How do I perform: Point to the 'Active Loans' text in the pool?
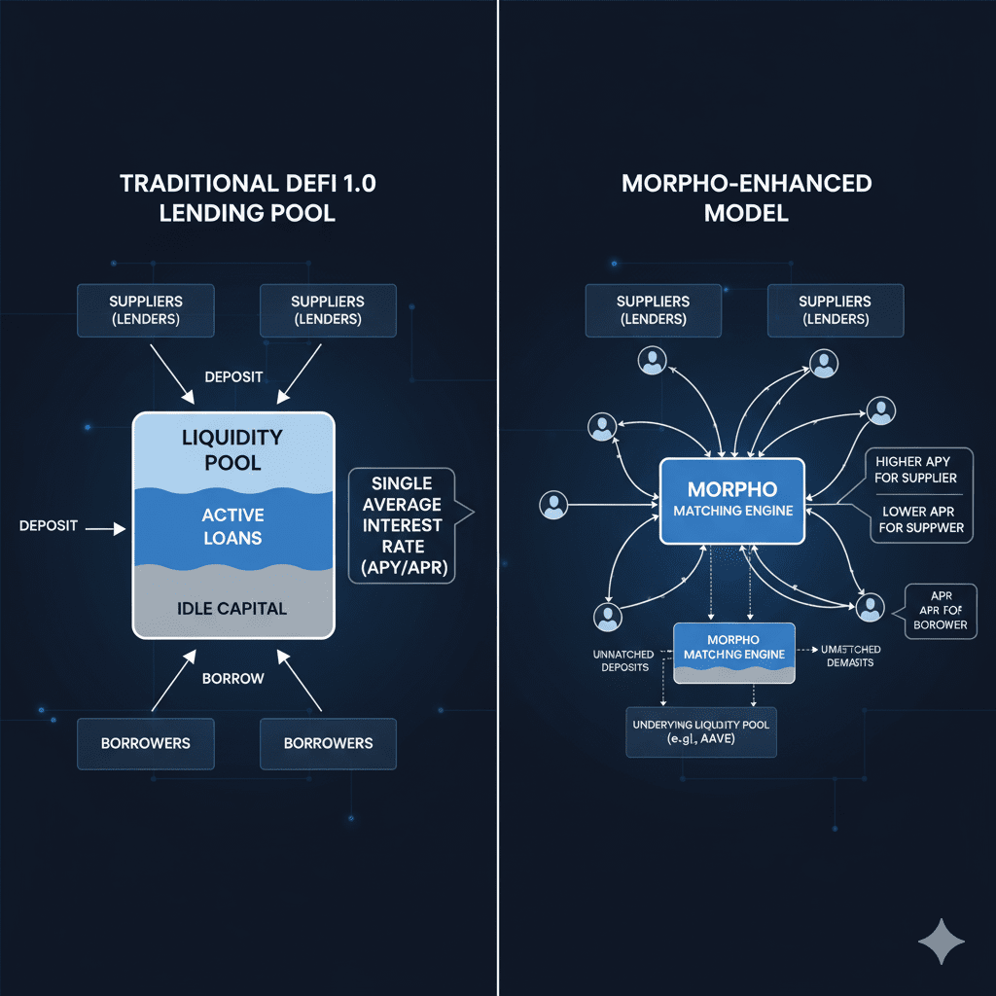pos(233,525)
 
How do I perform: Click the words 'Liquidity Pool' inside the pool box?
pos(233,449)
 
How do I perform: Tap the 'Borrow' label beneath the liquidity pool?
pos(233,677)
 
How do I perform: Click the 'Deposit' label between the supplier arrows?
pos(233,375)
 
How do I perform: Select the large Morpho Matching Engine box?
pos(732,501)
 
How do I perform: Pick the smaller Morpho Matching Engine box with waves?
pos(734,653)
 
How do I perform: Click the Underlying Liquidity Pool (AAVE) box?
pos(701,732)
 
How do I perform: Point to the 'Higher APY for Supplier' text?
pos(915,469)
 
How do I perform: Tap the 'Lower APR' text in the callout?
pos(915,511)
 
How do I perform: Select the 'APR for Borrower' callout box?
pos(941,611)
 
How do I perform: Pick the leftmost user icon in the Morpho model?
pos(553,505)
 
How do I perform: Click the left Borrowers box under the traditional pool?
pos(146,743)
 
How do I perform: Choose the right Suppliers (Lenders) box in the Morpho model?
pos(835,309)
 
